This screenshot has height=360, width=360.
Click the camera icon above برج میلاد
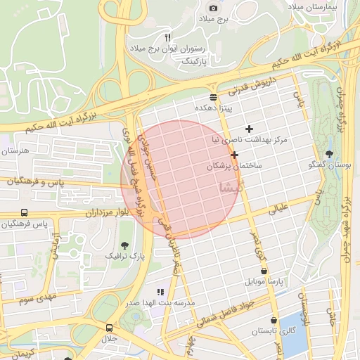point(214,8)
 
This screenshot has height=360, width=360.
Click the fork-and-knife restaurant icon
point(167,37)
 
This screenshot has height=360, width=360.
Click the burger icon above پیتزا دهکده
point(214,97)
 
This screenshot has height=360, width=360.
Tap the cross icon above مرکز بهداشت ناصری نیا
point(249,129)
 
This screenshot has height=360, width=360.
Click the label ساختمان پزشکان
point(234,166)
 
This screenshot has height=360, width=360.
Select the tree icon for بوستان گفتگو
point(329,154)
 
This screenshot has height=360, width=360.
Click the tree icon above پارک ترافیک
point(124,245)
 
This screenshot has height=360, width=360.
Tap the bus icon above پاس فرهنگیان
point(25,212)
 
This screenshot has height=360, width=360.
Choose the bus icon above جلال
point(109,328)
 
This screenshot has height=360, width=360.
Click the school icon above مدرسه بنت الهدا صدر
point(160,291)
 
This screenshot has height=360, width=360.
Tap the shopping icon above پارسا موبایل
point(264,270)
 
